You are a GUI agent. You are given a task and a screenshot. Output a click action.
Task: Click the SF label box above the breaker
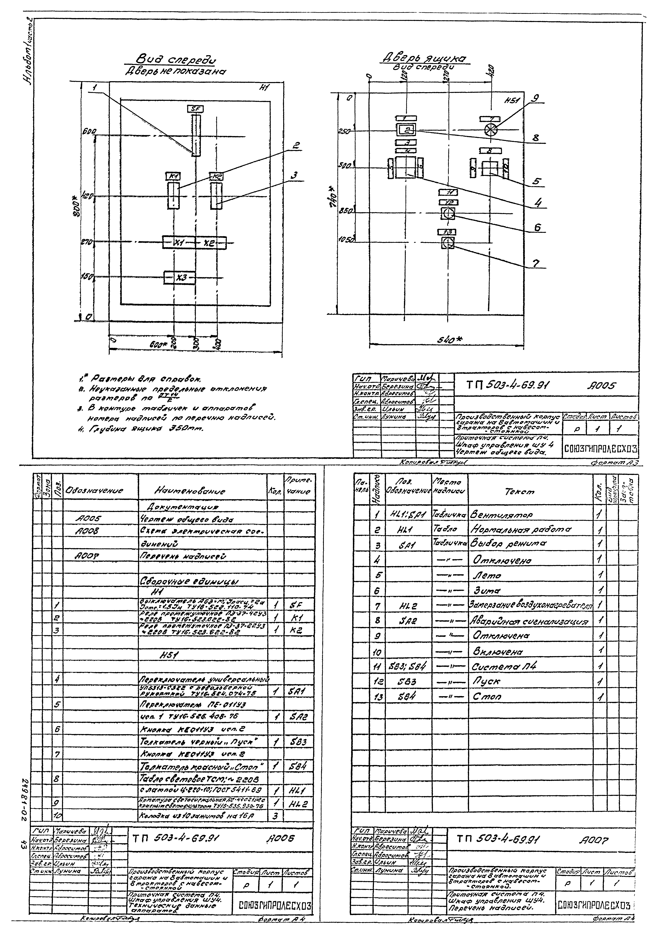click(195, 109)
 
